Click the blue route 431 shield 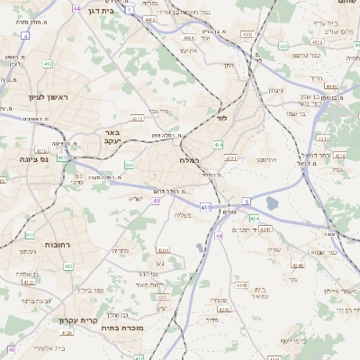(206, 207)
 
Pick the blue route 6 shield (247, 201)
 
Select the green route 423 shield (62, 157)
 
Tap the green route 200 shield (129, 165)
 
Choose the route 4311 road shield (230, 159)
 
